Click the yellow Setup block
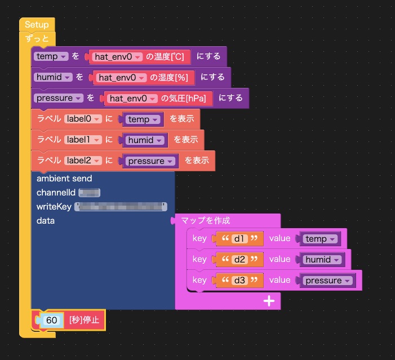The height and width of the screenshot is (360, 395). pos(37,25)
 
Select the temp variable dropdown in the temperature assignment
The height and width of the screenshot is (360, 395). pos(51,56)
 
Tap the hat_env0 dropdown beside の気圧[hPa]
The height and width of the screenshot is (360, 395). pos(132,98)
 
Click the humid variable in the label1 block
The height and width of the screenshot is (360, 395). pos(145,140)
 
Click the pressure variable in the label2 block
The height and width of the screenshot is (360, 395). pos(150,161)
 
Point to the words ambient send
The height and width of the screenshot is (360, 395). pos(64,179)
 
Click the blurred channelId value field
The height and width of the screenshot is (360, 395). pos(89,193)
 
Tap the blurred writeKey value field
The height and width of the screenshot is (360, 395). pos(121,207)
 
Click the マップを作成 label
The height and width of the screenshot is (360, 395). pos(206,221)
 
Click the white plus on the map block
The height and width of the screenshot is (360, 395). pos(269,301)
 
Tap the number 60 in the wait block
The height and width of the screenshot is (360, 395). pos(52,320)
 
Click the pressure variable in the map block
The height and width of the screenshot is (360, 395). pos(327,281)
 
